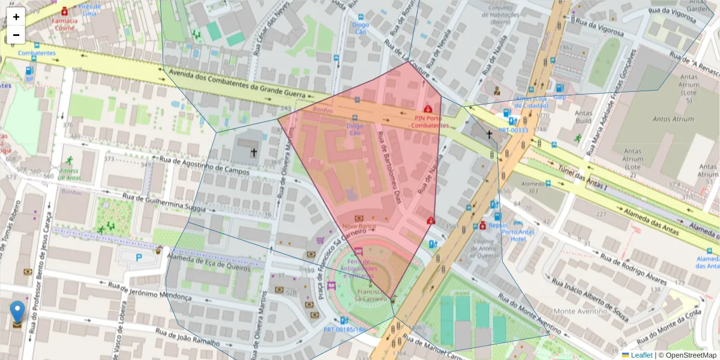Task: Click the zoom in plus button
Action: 16,17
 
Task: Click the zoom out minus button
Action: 16,35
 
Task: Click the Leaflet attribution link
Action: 641,355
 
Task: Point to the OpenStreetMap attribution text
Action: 688,355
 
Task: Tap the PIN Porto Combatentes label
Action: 431,122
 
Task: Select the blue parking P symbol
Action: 139,257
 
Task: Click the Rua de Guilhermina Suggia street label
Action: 164,203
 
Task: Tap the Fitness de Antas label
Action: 69,174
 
